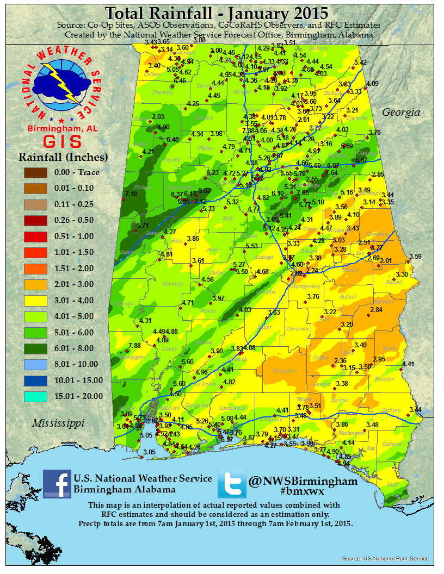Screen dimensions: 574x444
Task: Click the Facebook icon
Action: click(x=57, y=483)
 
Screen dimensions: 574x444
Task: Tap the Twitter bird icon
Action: click(x=232, y=484)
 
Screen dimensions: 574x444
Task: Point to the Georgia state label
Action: click(x=401, y=113)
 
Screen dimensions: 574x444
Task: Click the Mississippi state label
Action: click(x=57, y=422)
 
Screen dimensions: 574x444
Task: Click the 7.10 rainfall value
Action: click(x=131, y=194)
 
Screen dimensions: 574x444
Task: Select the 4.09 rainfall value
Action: click(x=372, y=83)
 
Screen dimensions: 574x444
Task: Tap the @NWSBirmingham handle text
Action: click(x=303, y=481)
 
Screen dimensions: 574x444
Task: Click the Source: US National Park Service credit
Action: click(x=385, y=558)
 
